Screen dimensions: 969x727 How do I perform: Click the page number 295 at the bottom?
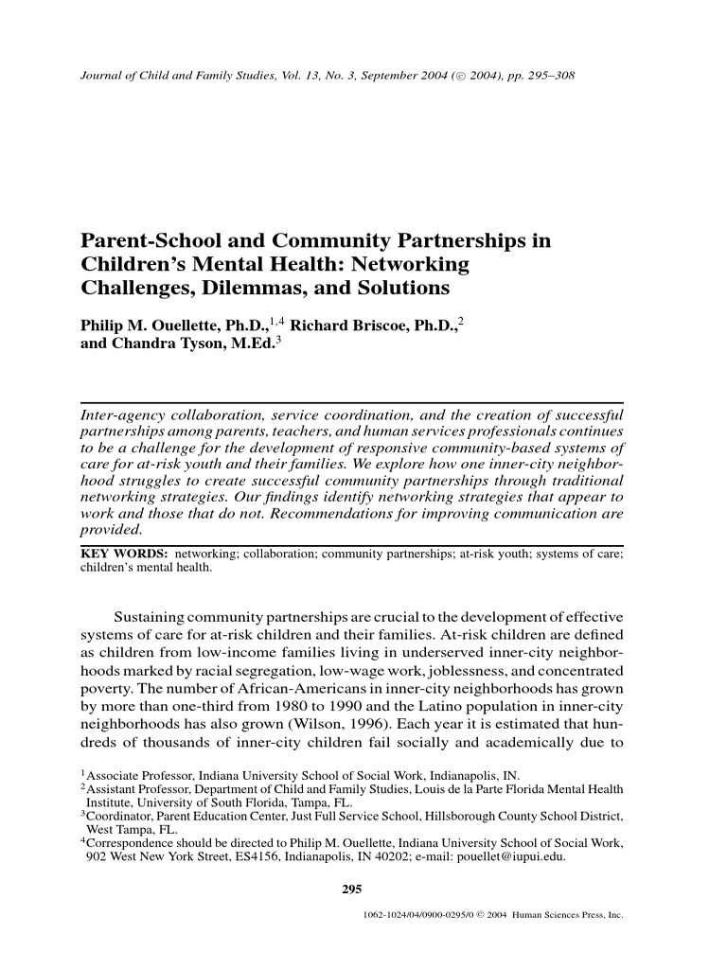[351, 888]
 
